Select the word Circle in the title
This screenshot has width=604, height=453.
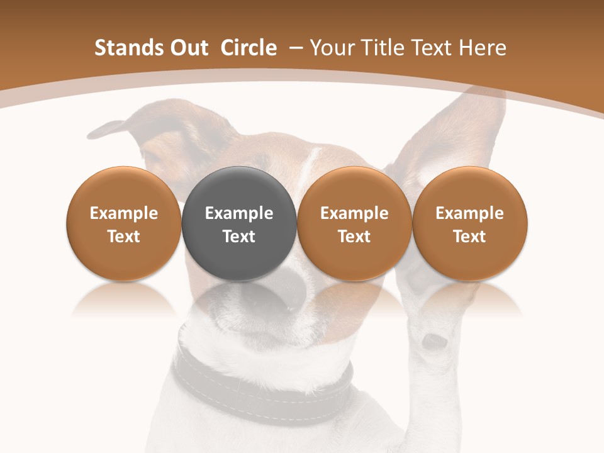click(x=249, y=48)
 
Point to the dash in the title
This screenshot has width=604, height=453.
click(x=294, y=48)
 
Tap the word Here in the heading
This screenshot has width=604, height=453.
click(x=483, y=48)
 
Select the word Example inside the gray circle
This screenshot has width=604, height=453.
click(x=239, y=213)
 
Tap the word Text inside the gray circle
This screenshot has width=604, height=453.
click(x=239, y=237)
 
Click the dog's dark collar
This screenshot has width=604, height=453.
click(x=264, y=384)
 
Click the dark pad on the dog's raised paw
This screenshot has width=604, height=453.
click(x=435, y=342)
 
